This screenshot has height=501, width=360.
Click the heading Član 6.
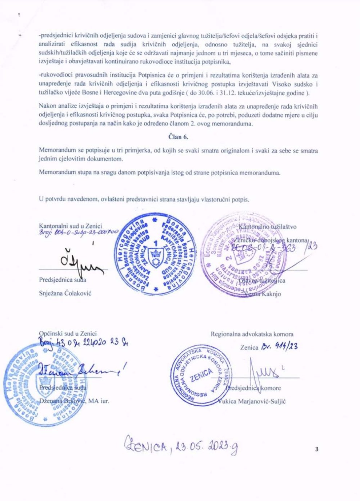[178, 137]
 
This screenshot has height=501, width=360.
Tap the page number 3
[316, 449]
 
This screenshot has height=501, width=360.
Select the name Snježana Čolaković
[65, 293]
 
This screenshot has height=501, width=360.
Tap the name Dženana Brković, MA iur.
[74, 401]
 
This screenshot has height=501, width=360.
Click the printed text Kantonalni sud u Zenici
[70, 226]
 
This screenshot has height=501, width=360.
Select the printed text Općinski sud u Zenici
[68, 333]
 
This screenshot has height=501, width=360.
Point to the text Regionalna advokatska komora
[252, 334]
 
